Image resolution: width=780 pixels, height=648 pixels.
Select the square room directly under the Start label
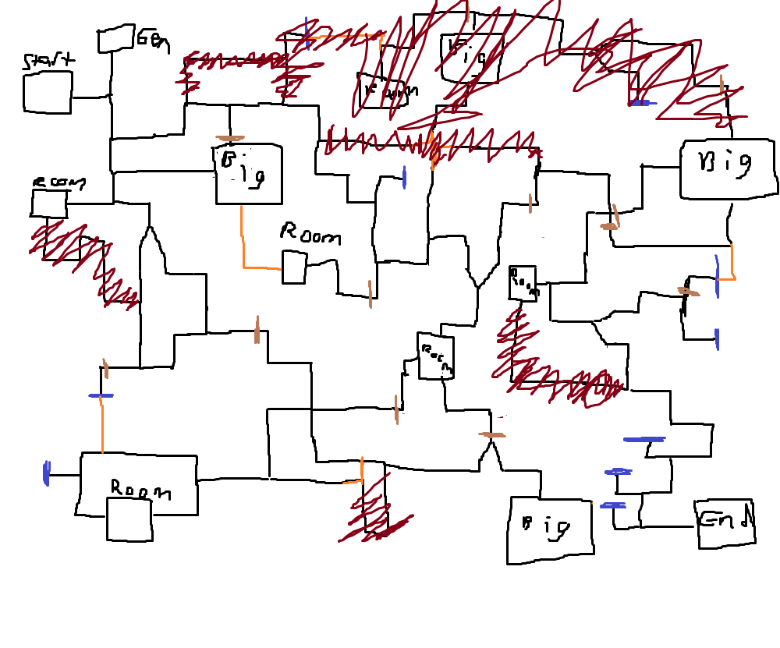coord(48,93)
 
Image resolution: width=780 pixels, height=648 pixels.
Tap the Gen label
coord(153,40)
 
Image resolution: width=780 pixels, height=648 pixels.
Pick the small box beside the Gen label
coord(115,39)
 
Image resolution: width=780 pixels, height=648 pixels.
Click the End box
coord(725,522)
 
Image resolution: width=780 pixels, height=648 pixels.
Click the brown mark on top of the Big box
coord(230,139)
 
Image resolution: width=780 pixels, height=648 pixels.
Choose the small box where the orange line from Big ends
coord(293,267)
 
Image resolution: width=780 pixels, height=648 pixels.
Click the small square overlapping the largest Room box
coord(129,519)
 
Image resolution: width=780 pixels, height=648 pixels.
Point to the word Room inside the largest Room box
coord(140,490)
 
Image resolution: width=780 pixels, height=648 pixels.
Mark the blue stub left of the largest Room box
coord(47,473)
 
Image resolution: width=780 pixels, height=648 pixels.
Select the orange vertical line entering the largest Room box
coord(102,425)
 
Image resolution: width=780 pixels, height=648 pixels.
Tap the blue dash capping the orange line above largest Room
coord(101,396)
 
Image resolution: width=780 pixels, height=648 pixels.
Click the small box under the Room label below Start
coord(48,204)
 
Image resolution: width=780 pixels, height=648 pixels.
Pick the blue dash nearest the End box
coord(613,505)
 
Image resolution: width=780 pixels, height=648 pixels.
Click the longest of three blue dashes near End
coord(644,440)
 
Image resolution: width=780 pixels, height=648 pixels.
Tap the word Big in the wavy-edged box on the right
coord(725,164)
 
